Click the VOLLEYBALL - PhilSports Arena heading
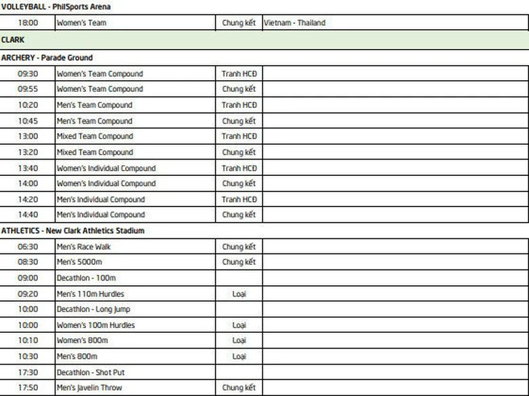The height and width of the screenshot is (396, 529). point(56,7)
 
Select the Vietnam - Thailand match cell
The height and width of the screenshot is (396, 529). point(294,23)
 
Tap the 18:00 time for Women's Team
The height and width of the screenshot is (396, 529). point(28,23)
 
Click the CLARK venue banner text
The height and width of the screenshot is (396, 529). point(13,40)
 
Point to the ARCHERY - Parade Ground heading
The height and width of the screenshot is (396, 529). point(47,58)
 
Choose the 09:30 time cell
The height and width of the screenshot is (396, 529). point(28,74)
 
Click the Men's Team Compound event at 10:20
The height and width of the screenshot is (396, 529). point(94,105)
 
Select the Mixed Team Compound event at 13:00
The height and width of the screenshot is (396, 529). point(95,137)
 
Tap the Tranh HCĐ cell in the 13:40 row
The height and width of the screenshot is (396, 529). point(239,168)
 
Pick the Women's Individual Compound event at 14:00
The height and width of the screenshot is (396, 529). point(106,183)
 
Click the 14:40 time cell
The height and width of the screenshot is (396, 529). point(28,215)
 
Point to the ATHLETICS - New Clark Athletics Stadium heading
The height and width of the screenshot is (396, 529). point(73,231)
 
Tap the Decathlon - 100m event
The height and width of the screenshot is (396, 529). point(86,278)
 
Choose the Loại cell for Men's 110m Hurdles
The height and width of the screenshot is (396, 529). point(239,294)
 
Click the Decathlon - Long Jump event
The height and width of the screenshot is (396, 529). point(94,309)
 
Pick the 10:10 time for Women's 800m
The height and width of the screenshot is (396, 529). point(28,340)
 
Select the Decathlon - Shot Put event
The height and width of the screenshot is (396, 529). point(91,372)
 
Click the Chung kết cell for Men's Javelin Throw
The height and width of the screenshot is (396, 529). point(239,388)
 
